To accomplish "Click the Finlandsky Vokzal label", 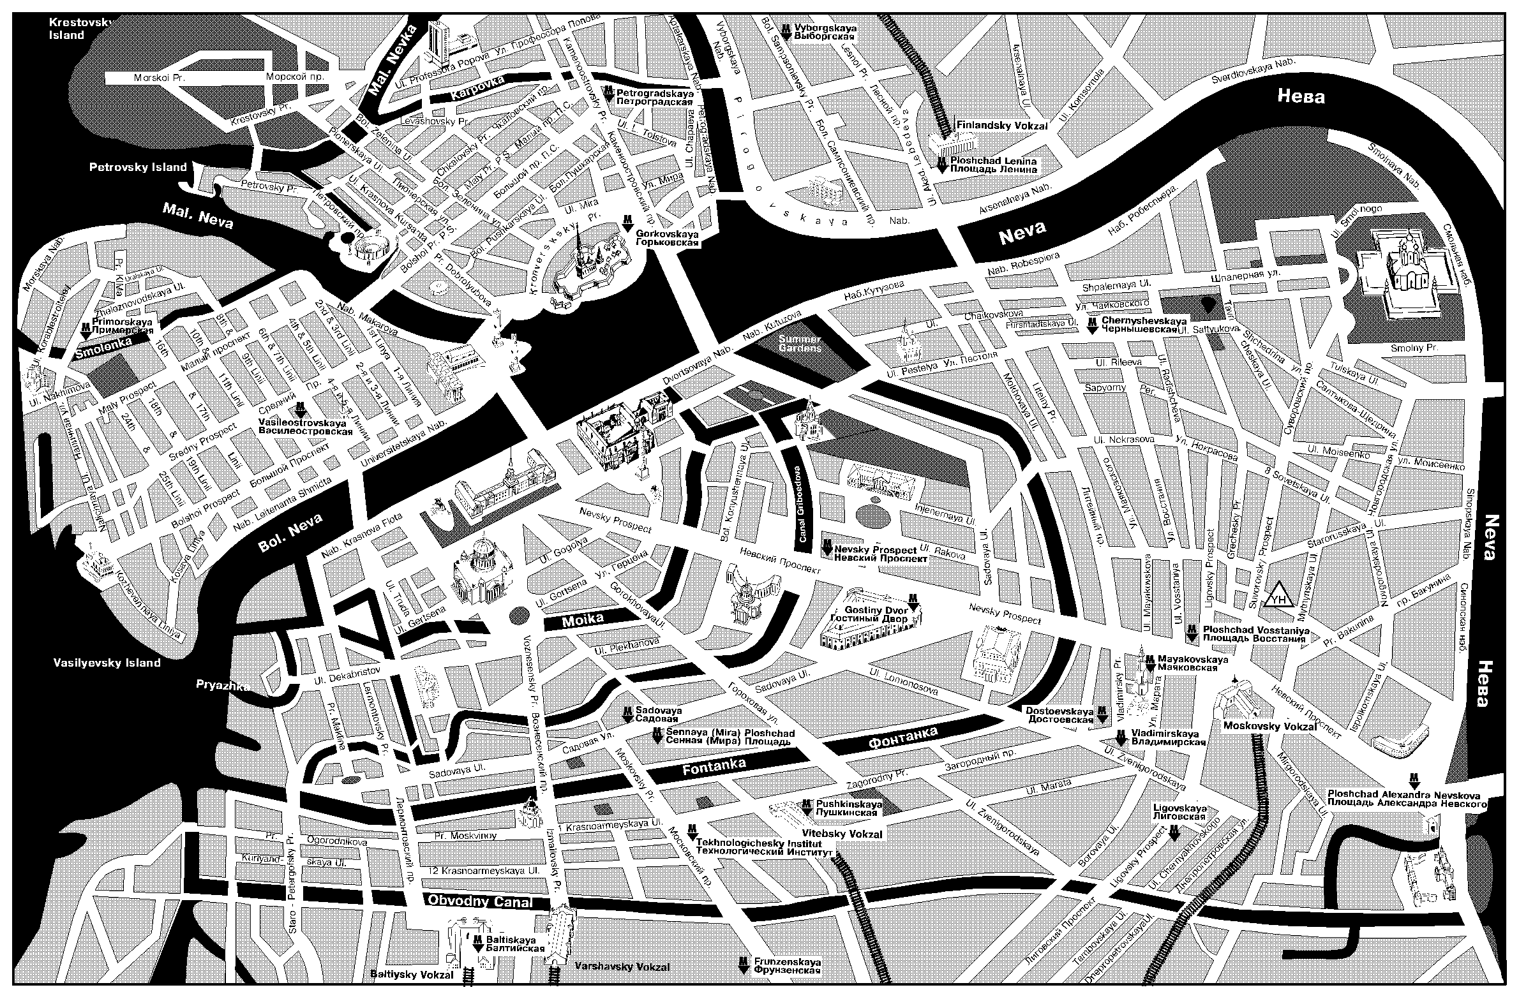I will tap(1002, 126).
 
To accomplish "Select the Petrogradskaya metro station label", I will tap(655, 96).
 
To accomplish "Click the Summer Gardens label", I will tap(799, 343).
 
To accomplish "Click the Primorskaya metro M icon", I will tap(86, 331).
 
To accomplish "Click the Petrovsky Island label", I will tap(138, 167).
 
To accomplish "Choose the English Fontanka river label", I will tap(714, 768).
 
